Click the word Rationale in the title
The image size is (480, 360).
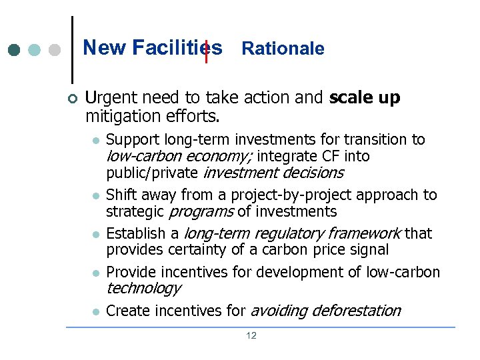[283, 49]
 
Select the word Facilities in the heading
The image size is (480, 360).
[177, 48]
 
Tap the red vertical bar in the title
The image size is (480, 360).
[207, 51]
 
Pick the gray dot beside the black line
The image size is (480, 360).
[55, 51]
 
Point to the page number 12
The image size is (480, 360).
[251, 335]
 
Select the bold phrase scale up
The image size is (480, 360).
[365, 97]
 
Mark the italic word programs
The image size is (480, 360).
[201, 211]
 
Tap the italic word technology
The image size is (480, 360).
[143, 288]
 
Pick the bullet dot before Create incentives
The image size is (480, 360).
[96, 312]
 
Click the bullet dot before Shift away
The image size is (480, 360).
[96, 196]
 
